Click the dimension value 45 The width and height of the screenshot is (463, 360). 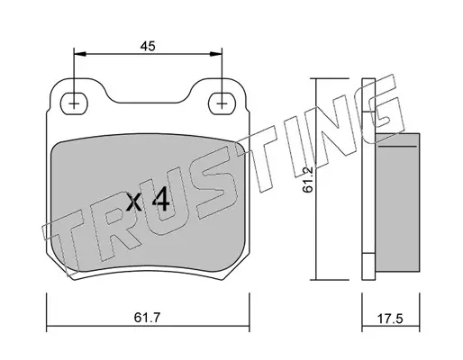148,46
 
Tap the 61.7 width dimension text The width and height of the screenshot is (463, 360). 148,318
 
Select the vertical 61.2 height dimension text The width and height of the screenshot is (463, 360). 308,179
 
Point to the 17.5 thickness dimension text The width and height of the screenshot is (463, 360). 390,319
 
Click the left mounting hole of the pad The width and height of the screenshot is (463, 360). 74,103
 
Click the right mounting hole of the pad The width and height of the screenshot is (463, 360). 222,103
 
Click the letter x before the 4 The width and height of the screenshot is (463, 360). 133,202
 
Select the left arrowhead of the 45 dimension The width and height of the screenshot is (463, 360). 80,54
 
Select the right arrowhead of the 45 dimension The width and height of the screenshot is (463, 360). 216,54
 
